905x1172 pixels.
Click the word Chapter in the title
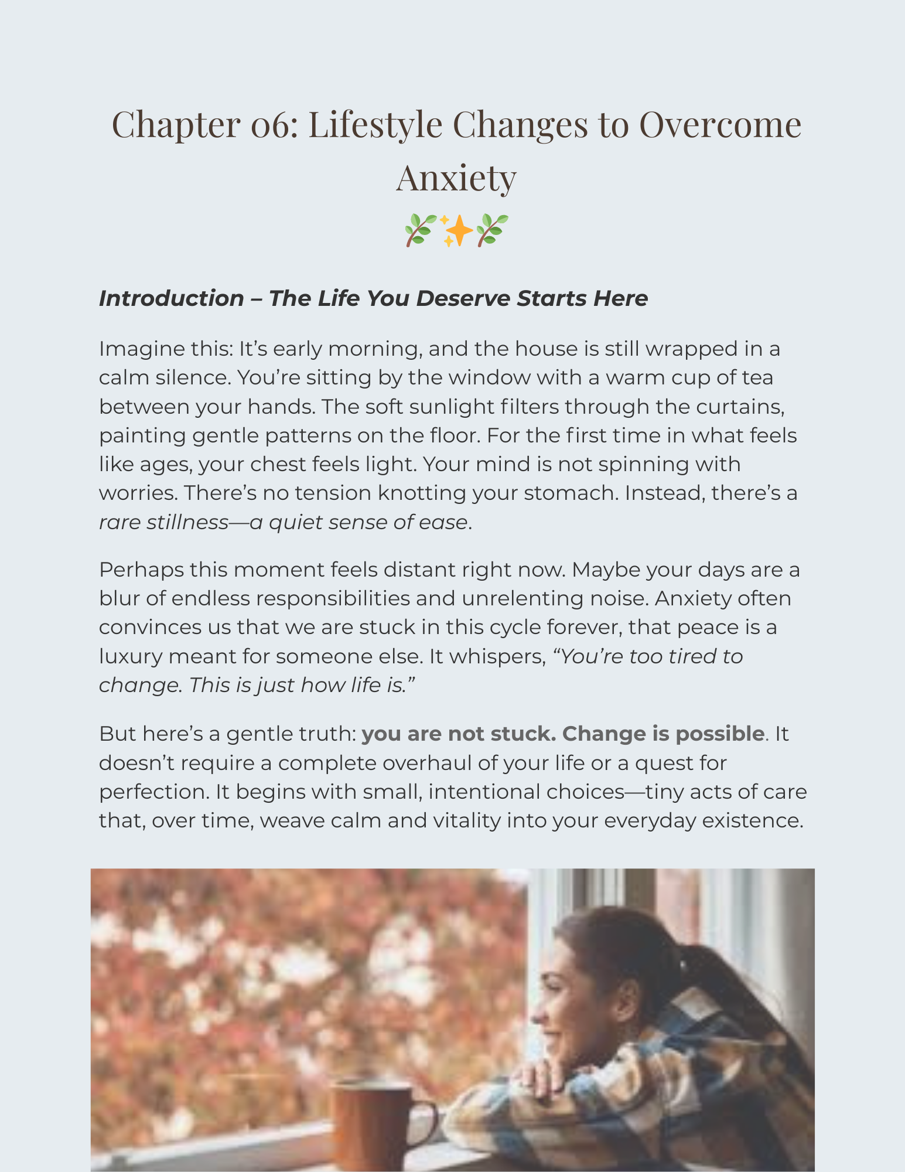click(x=175, y=125)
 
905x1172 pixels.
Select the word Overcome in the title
click(x=720, y=125)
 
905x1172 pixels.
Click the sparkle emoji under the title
click(x=456, y=230)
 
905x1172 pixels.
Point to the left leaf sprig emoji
click(x=421, y=230)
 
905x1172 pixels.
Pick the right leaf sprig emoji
click(x=492, y=230)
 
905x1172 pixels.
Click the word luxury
click(x=130, y=656)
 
